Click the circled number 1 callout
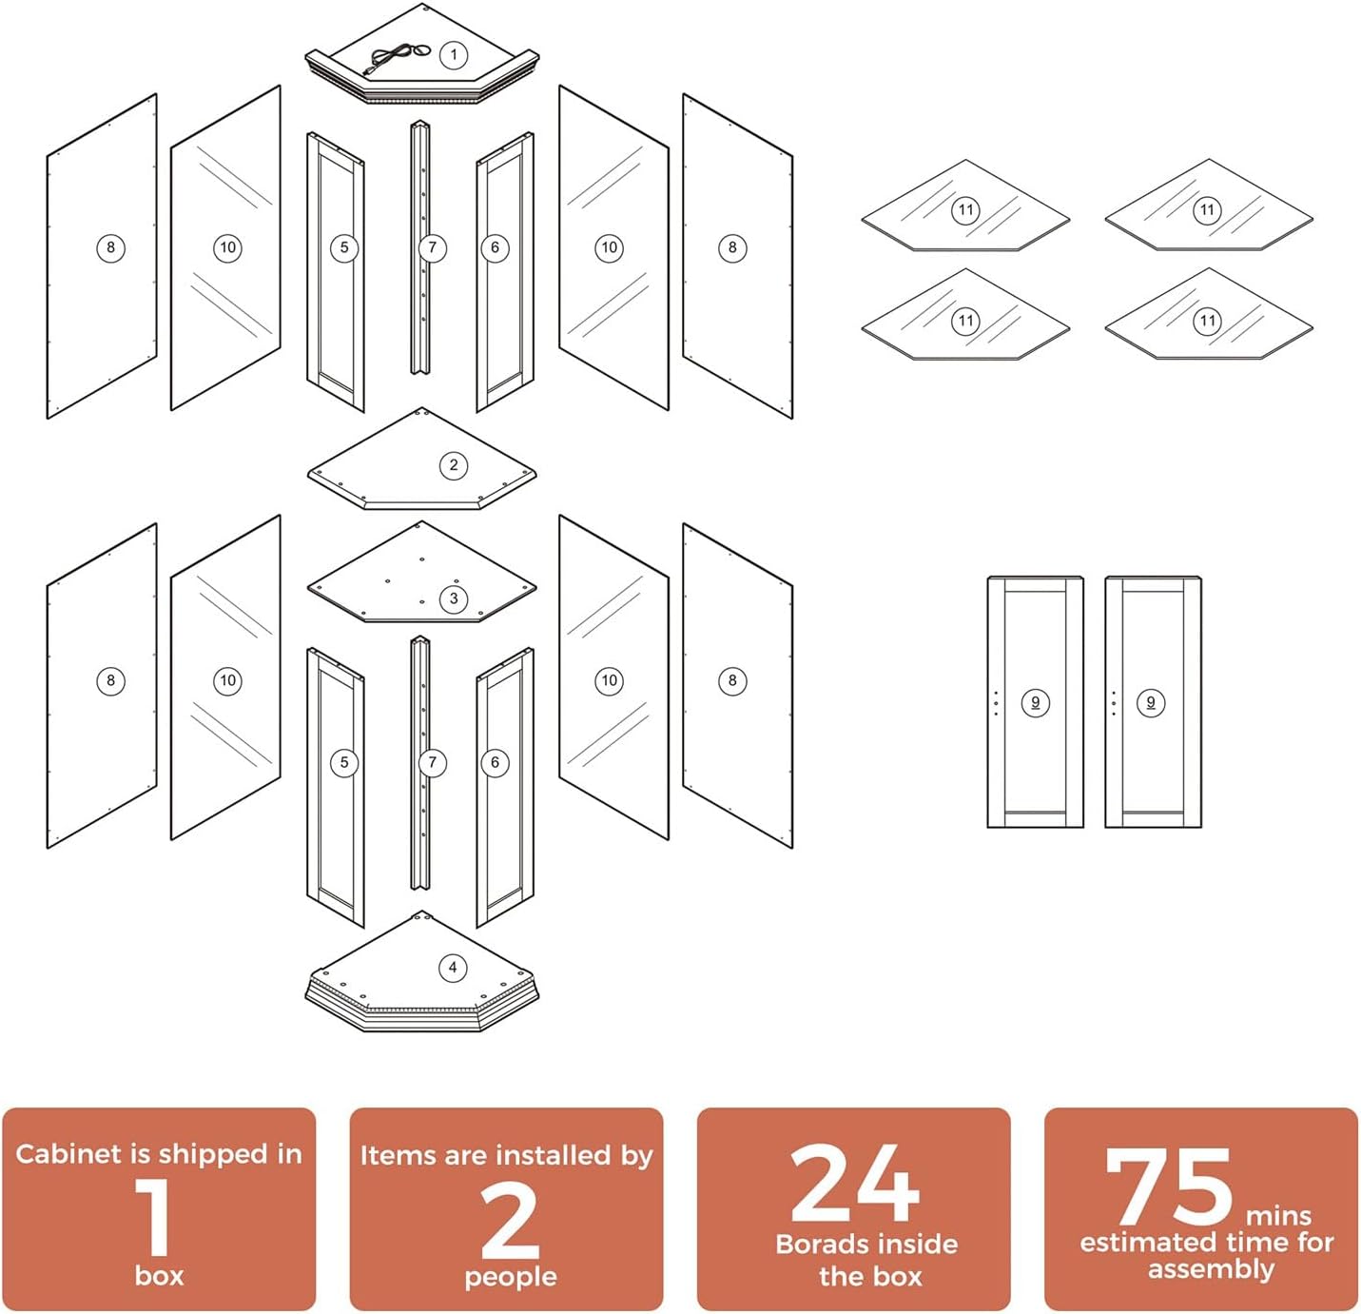pyautogui.click(x=454, y=54)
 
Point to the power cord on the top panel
pyautogui.click(x=395, y=59)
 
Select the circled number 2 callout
pyautogui.click(x=454, y=465)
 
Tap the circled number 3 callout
pyautogui.click(x=454, y=598)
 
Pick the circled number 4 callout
pyautogui.click(x=453, y=968)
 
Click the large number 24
pyautogui.click(x=854, y=1183)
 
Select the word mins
pyautogui.click(x=1277, y=1216)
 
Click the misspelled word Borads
pyautogui.click(x=816, y=1245)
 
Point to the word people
pyautogui.click(x=511, y=1278)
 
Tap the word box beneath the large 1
pyautogui.click(x=160, y=1276)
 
